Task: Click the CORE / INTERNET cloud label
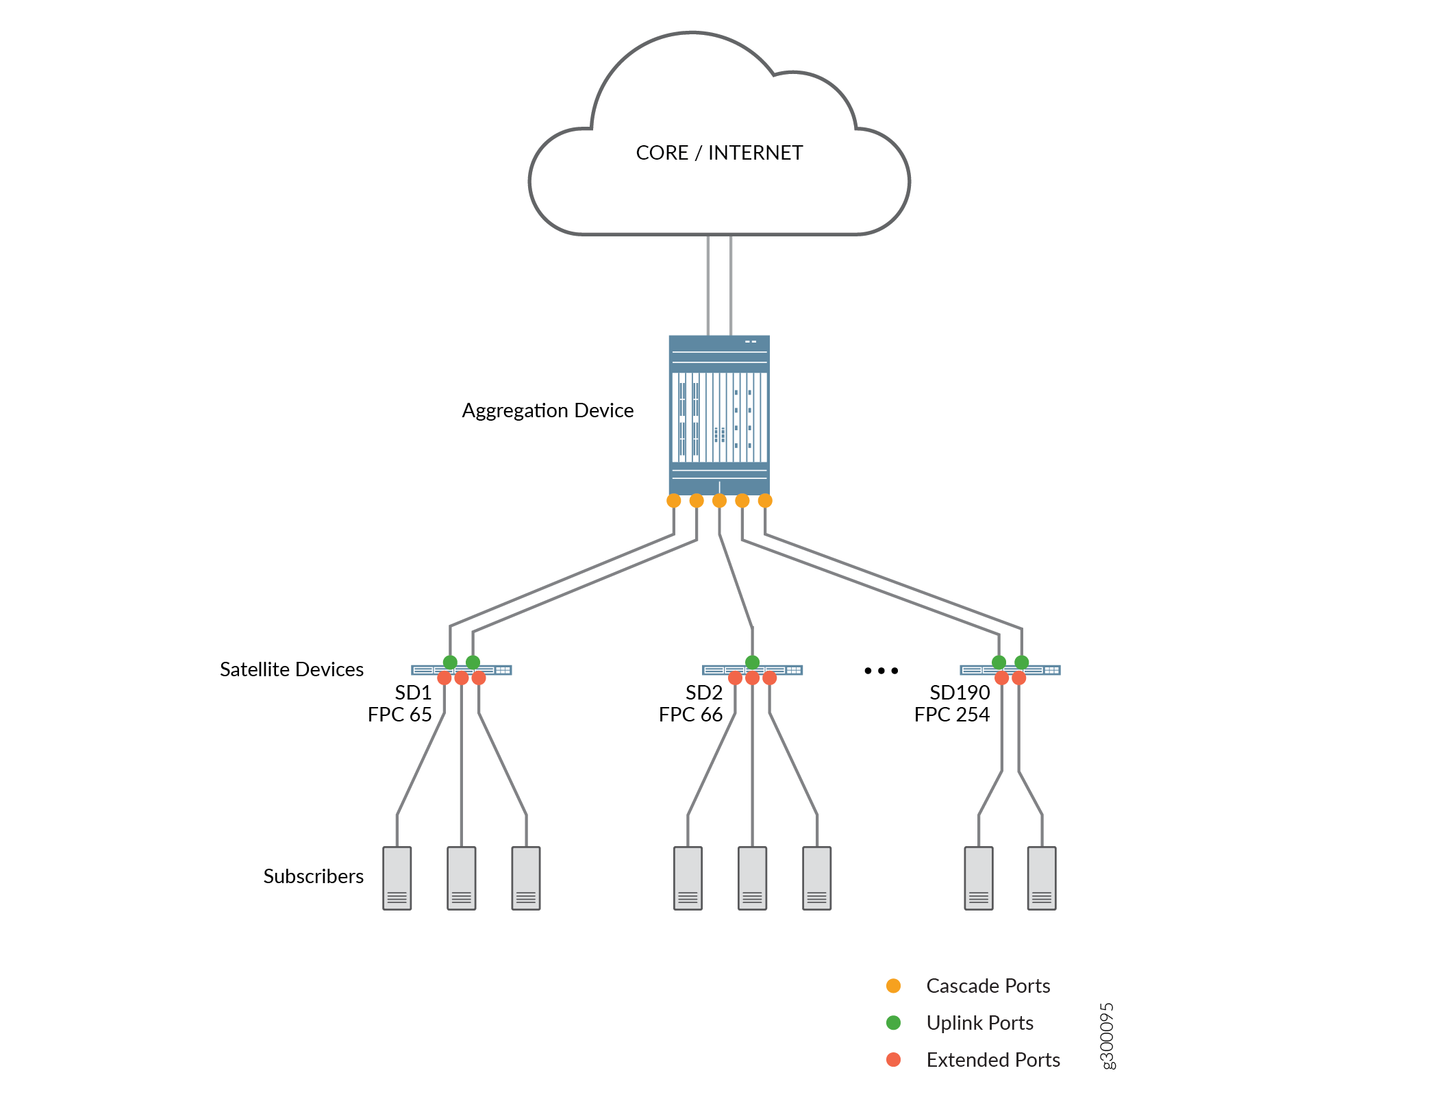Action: [719, 153]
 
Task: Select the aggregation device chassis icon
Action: [719, 415]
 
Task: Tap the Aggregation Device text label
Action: [547, 410]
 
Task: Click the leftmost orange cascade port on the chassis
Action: [674, 501]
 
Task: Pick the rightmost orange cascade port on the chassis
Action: [765, 501]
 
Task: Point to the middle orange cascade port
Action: [719, 501]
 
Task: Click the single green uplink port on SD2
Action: [752, 662]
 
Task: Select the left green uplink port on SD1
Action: [450, 662]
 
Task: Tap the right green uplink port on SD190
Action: [1021, 662]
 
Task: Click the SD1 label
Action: [413, 693]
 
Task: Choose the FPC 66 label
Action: [690, 715]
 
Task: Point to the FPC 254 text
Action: [951, 715]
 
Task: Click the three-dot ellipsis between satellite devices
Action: [881, 671]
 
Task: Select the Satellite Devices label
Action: [292, 669]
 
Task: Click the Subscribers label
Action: [313, 876]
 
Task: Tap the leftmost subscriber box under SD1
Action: [397, 878]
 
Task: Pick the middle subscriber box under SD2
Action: [752, 878]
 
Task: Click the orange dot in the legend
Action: [893, 986]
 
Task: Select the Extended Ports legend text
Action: [993, 1060]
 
